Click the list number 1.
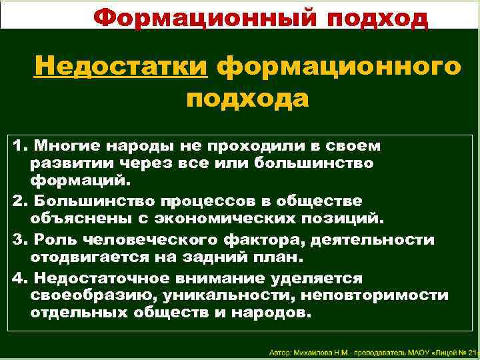[x=17, y=145]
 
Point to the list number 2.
[x=18, y=200]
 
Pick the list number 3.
[x=18, y=239]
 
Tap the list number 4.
[x=18, y=277]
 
